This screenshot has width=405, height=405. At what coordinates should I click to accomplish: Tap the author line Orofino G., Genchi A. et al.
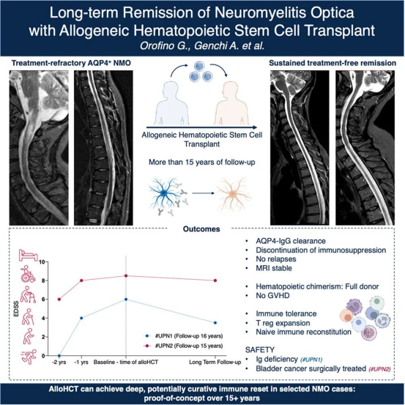202,45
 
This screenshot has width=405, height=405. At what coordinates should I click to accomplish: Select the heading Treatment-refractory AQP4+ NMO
71,63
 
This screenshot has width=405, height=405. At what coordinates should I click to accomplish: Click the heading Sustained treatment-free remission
332,63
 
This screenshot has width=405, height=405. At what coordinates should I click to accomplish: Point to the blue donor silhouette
171,103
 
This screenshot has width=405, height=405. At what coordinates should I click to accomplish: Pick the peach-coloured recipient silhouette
231,103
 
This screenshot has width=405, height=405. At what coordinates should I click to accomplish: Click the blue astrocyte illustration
163,193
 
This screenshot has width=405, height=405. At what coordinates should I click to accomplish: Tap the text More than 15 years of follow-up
201,162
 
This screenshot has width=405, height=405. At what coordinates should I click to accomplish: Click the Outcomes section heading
201,229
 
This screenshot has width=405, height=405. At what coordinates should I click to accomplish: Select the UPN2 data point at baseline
126,276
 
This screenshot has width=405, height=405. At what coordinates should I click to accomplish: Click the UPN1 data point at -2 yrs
59,356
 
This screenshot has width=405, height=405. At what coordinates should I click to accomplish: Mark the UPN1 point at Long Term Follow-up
215,323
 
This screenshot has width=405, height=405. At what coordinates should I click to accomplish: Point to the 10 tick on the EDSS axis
42,262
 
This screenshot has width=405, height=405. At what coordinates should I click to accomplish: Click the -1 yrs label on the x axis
81,362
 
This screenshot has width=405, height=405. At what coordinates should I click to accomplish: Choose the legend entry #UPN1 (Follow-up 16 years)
183,336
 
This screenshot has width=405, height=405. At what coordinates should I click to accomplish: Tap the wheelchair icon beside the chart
28,274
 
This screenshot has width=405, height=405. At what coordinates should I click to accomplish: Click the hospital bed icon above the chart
28,255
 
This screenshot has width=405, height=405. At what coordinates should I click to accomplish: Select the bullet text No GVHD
272,295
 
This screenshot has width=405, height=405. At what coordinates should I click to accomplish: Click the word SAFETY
260,350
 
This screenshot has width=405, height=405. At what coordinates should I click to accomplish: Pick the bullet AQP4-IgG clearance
291,241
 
